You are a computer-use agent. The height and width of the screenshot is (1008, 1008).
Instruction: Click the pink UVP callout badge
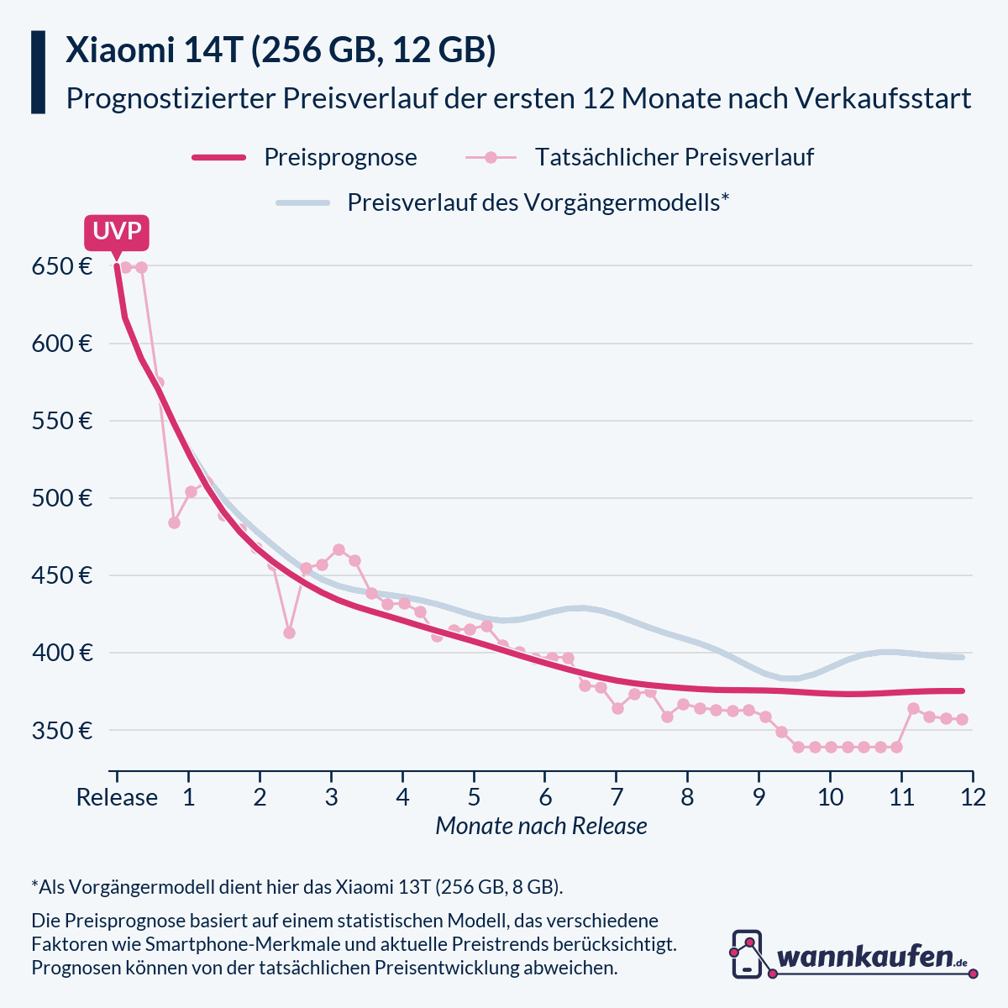coord(117,232)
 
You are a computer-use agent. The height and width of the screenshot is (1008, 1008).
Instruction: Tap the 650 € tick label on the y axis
coord(62,267)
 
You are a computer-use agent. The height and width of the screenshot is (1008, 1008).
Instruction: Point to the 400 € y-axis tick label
coord(62,653)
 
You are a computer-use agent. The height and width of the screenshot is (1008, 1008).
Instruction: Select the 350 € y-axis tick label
coord(62,730)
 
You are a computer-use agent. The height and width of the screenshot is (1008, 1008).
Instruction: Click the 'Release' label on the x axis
coord(117,797)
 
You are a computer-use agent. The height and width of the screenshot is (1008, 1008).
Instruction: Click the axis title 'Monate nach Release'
coord(541,826)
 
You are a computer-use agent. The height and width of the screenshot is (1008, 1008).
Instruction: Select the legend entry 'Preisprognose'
coord(340,157)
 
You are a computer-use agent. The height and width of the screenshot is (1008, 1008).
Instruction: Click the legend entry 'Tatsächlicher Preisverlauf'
coord(674,157)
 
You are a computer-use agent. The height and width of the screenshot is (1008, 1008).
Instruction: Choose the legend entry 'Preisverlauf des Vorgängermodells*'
coord(538,202)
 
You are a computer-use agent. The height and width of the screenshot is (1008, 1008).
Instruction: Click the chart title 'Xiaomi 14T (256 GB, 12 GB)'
coord(281,50)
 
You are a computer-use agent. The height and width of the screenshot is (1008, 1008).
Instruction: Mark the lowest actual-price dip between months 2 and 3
coord(289,633)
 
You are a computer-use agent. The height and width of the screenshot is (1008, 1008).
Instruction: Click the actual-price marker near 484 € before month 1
coord(175,522)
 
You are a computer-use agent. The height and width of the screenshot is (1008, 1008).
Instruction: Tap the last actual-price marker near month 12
coord(963,719)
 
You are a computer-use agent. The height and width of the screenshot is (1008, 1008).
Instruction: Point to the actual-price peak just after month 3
coord(339,549)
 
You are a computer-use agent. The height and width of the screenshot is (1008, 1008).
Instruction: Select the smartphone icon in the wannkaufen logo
coord(747,953)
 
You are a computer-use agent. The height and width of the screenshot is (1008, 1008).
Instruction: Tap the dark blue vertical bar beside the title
coord(38,72)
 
